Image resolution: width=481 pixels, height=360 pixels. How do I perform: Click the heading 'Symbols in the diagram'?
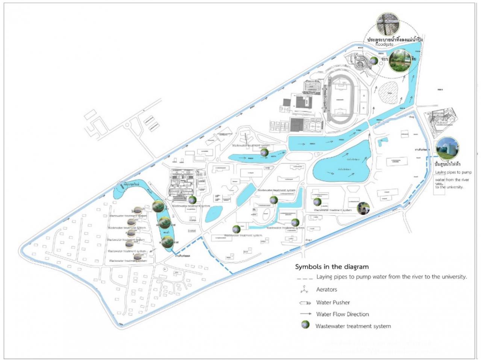pyautogui.click(x=331, y=267)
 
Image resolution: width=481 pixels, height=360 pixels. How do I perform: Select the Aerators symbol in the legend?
pyautogui.click(x=304, y=289)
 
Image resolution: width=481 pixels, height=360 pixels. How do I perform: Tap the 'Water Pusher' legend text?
pyautogui.click(x=333, y=302)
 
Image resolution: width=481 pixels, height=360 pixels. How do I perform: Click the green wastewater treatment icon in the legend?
pyautogui.click(x=305, y=325)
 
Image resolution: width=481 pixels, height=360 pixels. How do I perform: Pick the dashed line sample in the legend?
pyautogui.click(x=304, y=278)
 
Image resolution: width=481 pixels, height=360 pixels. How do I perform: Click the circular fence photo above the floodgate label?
pyautogui.click(x=388, y=24)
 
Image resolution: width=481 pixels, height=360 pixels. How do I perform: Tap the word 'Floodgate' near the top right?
pyautogui.click(x=384, y=44)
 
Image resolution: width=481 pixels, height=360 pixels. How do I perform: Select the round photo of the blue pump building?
pyautogui.click(x=447, y=148)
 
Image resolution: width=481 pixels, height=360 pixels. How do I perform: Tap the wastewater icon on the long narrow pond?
pyautogui.click(x=264, y=152)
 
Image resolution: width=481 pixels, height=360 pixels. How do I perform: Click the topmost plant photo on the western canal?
pyautogui.click(x=158, y=206)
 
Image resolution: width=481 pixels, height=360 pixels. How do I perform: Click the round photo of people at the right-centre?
pyautogui.click(x=363, y=208)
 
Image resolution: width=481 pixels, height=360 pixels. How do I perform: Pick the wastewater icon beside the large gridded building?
pyautogui.click(x=192, y=200)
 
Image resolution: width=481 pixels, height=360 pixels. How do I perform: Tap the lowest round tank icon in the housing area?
pyautogui.click(x=138, y=257)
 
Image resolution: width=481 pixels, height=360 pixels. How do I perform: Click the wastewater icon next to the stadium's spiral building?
pyautogui.click(x=374, y=61)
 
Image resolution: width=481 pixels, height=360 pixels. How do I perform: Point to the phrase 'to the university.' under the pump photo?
pyautogui.click(x=449, y=187)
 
